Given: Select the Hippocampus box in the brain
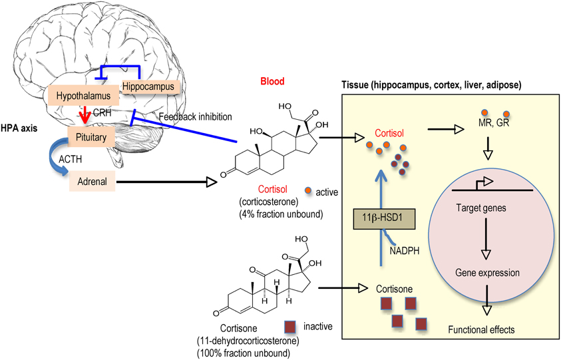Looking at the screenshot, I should pos(150,87).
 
